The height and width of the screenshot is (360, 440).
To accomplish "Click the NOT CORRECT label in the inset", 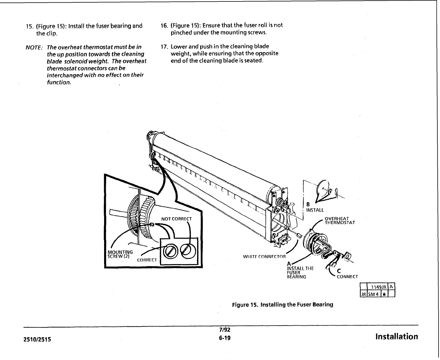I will click(x=176, y=219).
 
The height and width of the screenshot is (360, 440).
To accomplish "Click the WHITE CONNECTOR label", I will click(x=264, y=257).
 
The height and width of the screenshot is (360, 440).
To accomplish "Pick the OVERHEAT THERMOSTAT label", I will click(x=340, y=221).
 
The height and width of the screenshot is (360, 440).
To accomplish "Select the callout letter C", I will click(x=339, y=271).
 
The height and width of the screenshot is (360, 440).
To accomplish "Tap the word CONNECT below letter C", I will click(x=347, y=277).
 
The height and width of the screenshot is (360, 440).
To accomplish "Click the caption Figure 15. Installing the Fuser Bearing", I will click(x=282, y=305).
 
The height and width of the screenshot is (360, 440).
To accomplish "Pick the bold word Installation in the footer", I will click(x=397, y=337).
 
